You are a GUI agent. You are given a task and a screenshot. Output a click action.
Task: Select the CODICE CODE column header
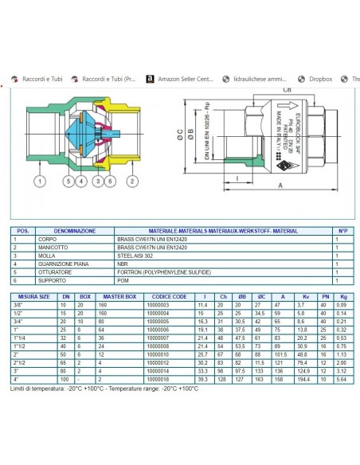pos(170,296)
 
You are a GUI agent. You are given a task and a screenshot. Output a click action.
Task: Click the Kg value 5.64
pos(341,380)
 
